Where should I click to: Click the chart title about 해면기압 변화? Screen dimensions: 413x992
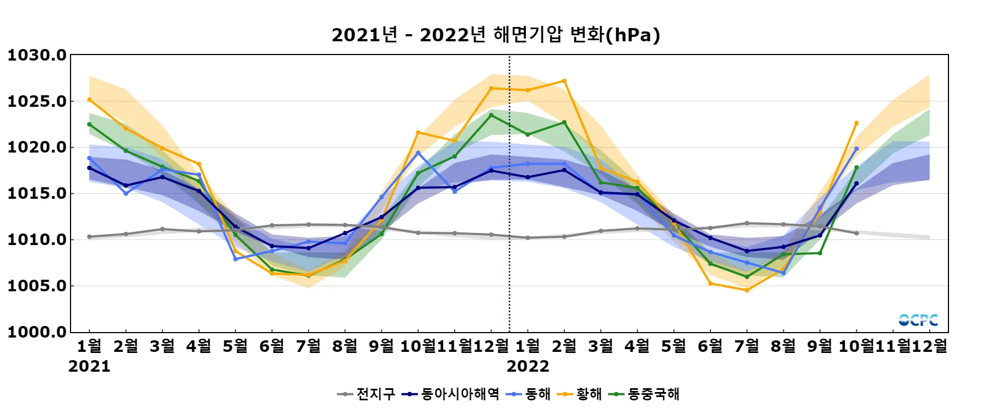tap(495, 35)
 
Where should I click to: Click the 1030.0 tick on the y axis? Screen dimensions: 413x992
tap(37, 55)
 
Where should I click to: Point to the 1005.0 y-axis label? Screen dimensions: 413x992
tap(37, 286)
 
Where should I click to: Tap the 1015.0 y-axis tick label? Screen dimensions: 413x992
tap(37, 193)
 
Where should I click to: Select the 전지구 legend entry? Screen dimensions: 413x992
tap(366, 394)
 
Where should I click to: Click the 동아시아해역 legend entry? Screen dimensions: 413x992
tap(450, 394)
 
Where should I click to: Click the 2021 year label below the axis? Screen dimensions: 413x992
tap(89, 367)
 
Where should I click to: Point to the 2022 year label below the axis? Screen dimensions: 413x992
tap(528, 367)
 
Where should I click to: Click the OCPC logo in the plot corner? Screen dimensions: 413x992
tap(918, 320)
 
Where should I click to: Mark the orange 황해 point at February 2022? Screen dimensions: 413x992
tap(564, 81)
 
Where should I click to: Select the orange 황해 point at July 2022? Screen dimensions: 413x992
tap(747, 290)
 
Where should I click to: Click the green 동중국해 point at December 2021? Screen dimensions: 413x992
tap(491, 115)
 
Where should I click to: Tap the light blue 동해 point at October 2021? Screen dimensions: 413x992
tap(418, 153)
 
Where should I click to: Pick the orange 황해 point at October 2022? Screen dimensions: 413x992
tap(856, 123)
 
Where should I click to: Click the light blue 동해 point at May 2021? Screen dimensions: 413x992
tap(235, 259)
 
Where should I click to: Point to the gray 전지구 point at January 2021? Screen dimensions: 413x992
tap(89, 237)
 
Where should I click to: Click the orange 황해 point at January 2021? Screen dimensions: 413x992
tap(89, 100)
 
